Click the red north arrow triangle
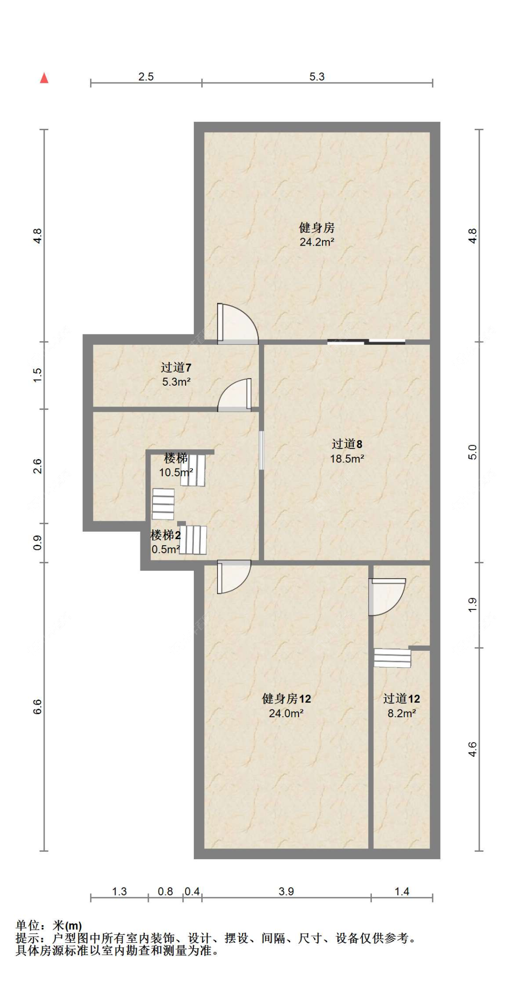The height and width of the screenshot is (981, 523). coord(44,78)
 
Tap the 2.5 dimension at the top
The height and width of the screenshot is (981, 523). coord(146,77)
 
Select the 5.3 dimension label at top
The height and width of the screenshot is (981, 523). coord(317,77)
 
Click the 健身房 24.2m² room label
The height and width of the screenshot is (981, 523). coord(317,234)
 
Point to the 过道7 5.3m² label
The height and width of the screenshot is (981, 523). coord(176,374)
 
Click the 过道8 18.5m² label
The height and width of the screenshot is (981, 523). coord(347,451)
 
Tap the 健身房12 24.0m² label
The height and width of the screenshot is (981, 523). coord(286,705)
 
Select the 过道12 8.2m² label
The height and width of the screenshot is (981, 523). coord(401,705)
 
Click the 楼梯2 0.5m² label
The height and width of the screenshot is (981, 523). coord(166,542)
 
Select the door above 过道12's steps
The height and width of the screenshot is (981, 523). coord(386,596)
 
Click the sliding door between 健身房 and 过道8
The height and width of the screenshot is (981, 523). coord(366,342)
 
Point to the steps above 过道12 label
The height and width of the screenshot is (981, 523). coord(392,658)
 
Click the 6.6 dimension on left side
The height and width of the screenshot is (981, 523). coord(38,707)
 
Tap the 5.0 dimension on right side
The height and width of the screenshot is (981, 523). coord(472,452)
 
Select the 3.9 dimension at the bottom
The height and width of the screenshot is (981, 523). coord(286,891)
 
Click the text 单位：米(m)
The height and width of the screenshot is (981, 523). coord(49,926)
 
